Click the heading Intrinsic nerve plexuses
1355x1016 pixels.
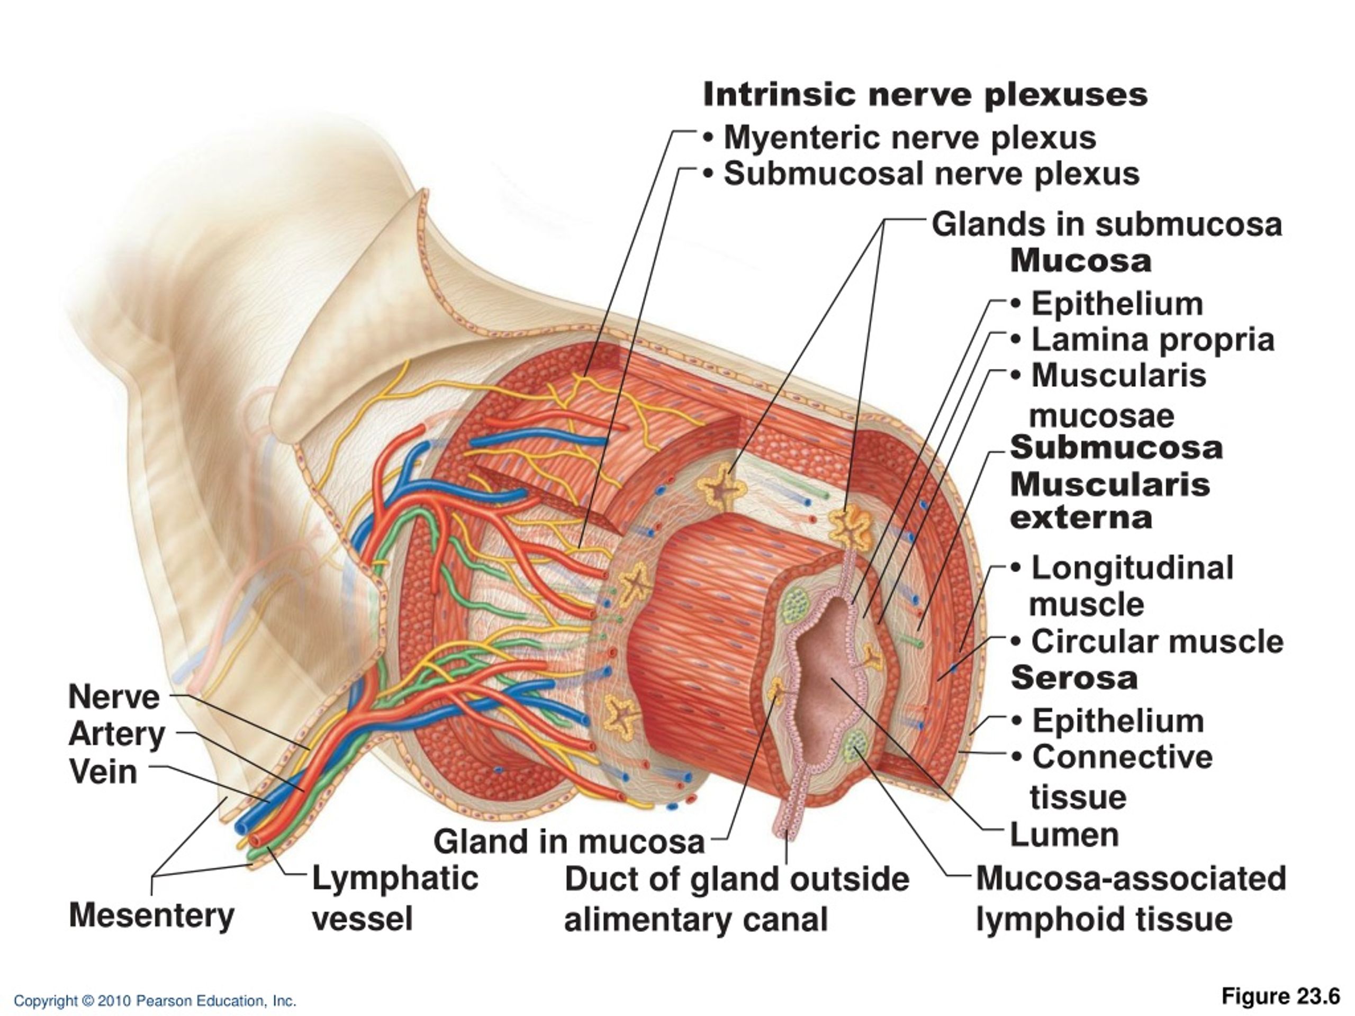[x=925, y=95]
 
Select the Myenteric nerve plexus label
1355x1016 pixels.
[x=910, y=138]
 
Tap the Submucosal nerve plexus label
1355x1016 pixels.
[x=931, y=175]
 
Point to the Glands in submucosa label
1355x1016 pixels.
[x=1107, y=224]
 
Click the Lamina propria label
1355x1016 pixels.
[x=1153, y=340]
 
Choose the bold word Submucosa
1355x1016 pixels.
[x=1116, y=448]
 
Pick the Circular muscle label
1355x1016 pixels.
[x=1157, y=642]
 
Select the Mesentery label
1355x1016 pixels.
[x=151, y=916]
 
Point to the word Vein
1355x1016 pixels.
[x=103, y=771]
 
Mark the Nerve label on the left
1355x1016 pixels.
[x=114, y=697]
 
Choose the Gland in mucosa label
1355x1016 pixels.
[x=569, y=841]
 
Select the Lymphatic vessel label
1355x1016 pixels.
[x=395, y=899]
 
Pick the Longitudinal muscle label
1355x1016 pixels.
[x=1132, y=585]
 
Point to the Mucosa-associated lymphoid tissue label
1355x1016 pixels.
[x=1131, y=899]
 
